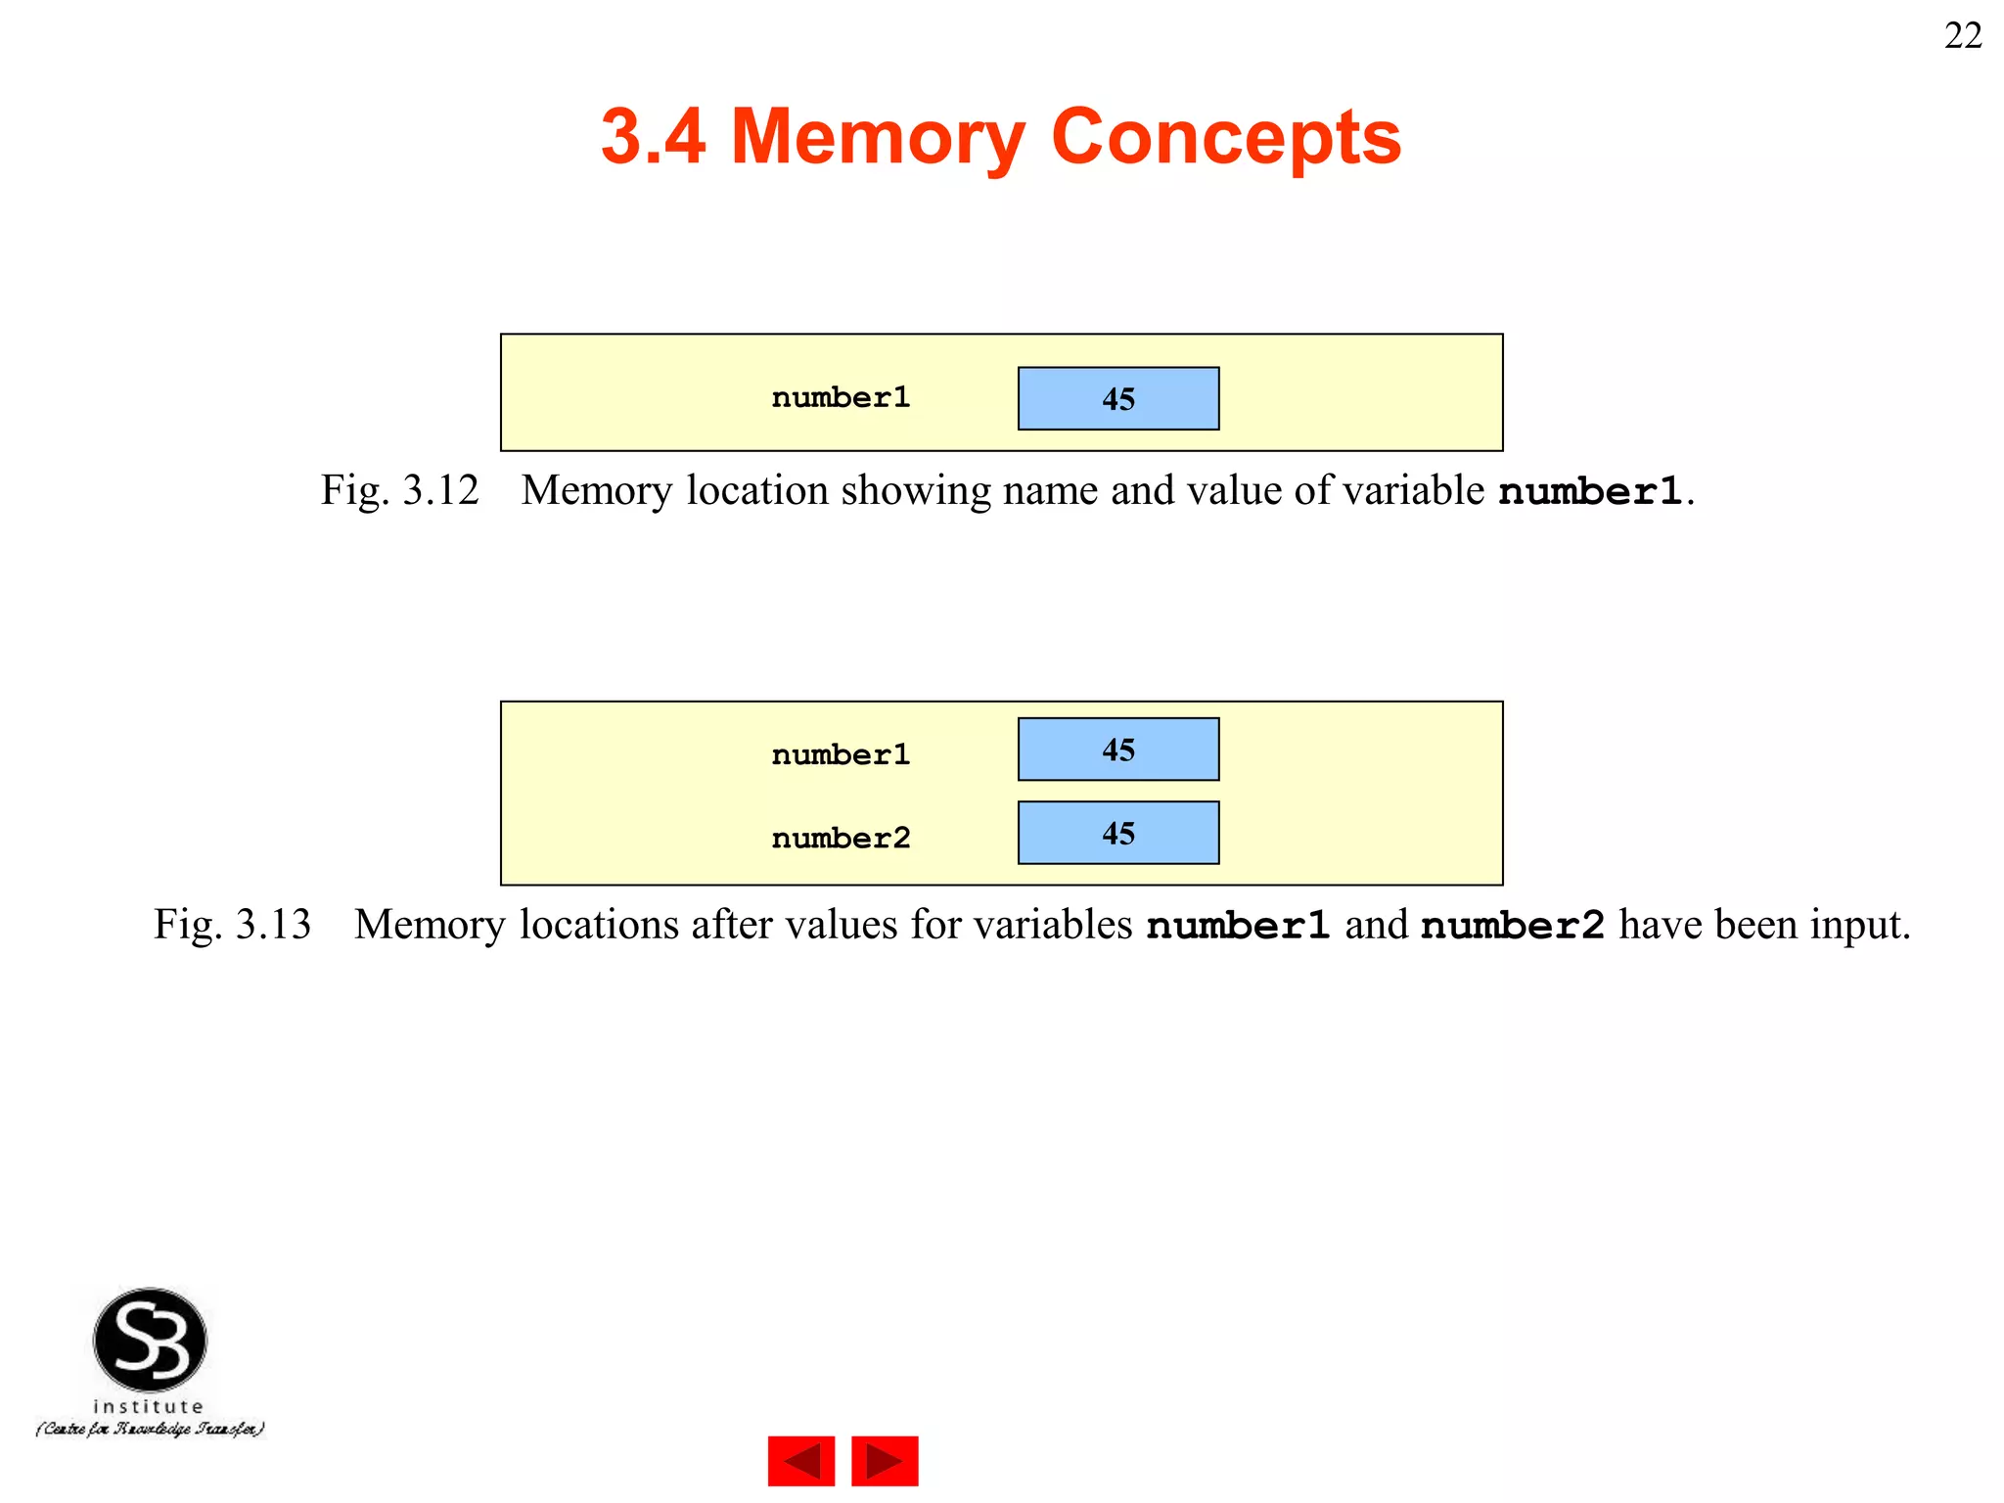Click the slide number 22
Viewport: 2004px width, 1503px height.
click(x=1962, y=36)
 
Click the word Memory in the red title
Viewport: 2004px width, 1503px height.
click(x=877, y=137)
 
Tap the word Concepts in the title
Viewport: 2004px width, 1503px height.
click(x=1225, y=137)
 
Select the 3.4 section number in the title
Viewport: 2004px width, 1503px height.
click(x=653, y=137)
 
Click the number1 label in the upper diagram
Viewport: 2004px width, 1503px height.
click(x=841, y=397)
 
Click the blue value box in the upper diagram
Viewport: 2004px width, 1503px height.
click(x=1118, y=398)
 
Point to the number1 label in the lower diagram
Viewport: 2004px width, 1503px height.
click(x=841, y=754)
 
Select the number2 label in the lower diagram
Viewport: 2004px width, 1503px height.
click(x=841, y=838)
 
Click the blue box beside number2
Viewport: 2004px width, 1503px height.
click(x=1118, y=833)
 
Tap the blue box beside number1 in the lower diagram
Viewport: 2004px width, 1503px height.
click(x=1118, y=750)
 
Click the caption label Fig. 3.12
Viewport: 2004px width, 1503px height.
click(x=400, y=490)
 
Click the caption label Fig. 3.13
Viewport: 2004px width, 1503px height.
click(x=233, y=925)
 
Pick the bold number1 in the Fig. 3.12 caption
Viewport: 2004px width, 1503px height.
click(x=1590, y=491)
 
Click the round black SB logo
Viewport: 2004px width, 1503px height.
click(x=150, y=1340)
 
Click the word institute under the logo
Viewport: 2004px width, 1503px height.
click(x=149, y=1406)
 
